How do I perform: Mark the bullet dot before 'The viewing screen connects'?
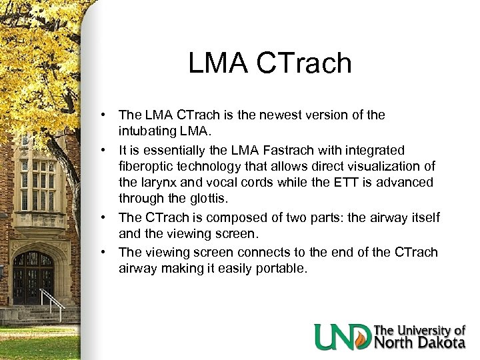pyautogui.click(x=105, y=253)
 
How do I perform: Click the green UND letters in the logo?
pyautogui.click(x=341, y=336)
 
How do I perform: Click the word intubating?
pyautogui.click(x=148, y=131)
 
